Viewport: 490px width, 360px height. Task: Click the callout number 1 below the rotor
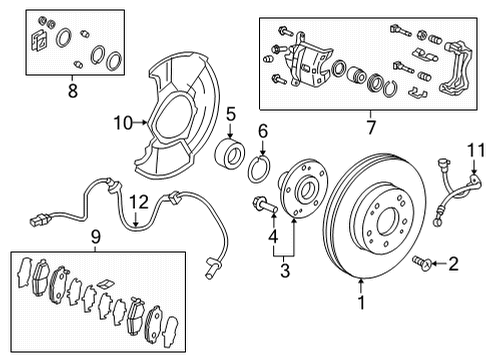tap(361, 297)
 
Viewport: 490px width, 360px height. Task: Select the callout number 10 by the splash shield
tap(122, 123)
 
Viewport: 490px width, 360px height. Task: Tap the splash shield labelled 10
tap(180, 110)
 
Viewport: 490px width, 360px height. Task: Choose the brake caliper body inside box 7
tap(310, 67)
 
